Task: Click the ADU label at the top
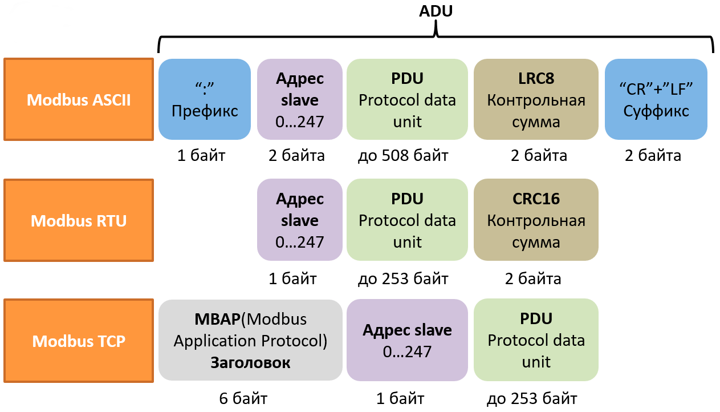tap(436, 11)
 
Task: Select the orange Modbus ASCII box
tap(79, 99)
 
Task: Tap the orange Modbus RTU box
tap(79, 220)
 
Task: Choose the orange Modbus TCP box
tap(79, 341)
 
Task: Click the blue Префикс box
tap(205, 99)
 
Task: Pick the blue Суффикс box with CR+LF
tap(656, 99)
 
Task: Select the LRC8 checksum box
tap(536, 99)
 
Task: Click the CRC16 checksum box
tap(536, 220)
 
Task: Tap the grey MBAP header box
tap(250, 340)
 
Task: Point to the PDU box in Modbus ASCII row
tap(407, 99)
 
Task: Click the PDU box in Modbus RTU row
tap(407, 220)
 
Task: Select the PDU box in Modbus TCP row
tap(536, 340)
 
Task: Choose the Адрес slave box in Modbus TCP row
tap(407, 340)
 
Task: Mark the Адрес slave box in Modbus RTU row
tap(300, 220)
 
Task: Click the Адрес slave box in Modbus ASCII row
tap(300, 99)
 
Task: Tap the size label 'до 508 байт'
tap(403, 156)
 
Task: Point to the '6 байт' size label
tap(243, 398)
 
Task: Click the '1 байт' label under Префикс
tap(201, 156)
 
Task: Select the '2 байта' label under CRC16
tap(533, 279)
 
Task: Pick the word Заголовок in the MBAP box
tap(250, 363)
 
